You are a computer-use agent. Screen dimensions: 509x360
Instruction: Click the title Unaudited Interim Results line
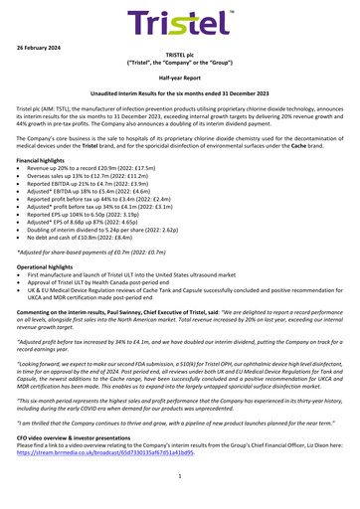180,103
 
